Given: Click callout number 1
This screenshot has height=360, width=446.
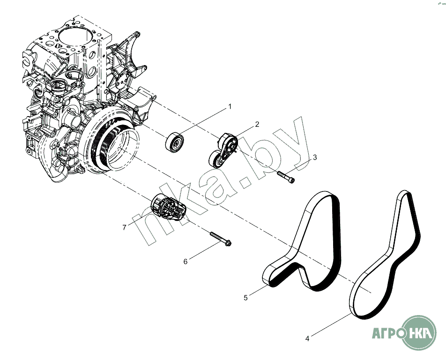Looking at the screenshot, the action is (230, 107).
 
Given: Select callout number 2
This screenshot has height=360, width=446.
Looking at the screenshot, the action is (257, 124).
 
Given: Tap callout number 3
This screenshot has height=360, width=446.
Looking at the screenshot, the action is (315, 157).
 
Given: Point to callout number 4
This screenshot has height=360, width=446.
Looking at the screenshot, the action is (307, 338).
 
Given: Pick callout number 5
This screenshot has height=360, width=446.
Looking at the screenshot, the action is (245, 297).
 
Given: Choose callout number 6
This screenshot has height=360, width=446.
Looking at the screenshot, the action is (185, 262).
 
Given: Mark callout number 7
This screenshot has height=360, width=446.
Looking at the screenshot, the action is (124, 227).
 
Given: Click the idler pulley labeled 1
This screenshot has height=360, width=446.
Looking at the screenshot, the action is (175, 142).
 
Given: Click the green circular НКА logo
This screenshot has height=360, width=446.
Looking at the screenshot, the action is (420, 332).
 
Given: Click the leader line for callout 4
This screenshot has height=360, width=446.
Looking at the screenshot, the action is (330, 326).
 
